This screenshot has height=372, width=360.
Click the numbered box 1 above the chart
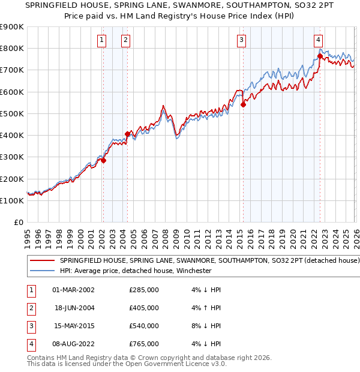point(101,40)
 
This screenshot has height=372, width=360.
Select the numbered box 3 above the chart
point(241,40)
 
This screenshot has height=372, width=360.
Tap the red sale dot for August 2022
point(320,56)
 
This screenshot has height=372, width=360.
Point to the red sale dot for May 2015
point(243,104)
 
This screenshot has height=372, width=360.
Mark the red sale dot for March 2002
point(103,160)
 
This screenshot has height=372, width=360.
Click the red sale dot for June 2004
point(127,134)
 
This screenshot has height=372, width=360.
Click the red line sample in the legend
point(43,261)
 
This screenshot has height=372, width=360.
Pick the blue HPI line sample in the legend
point(43,271)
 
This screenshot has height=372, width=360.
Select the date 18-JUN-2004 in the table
point(74,308)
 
